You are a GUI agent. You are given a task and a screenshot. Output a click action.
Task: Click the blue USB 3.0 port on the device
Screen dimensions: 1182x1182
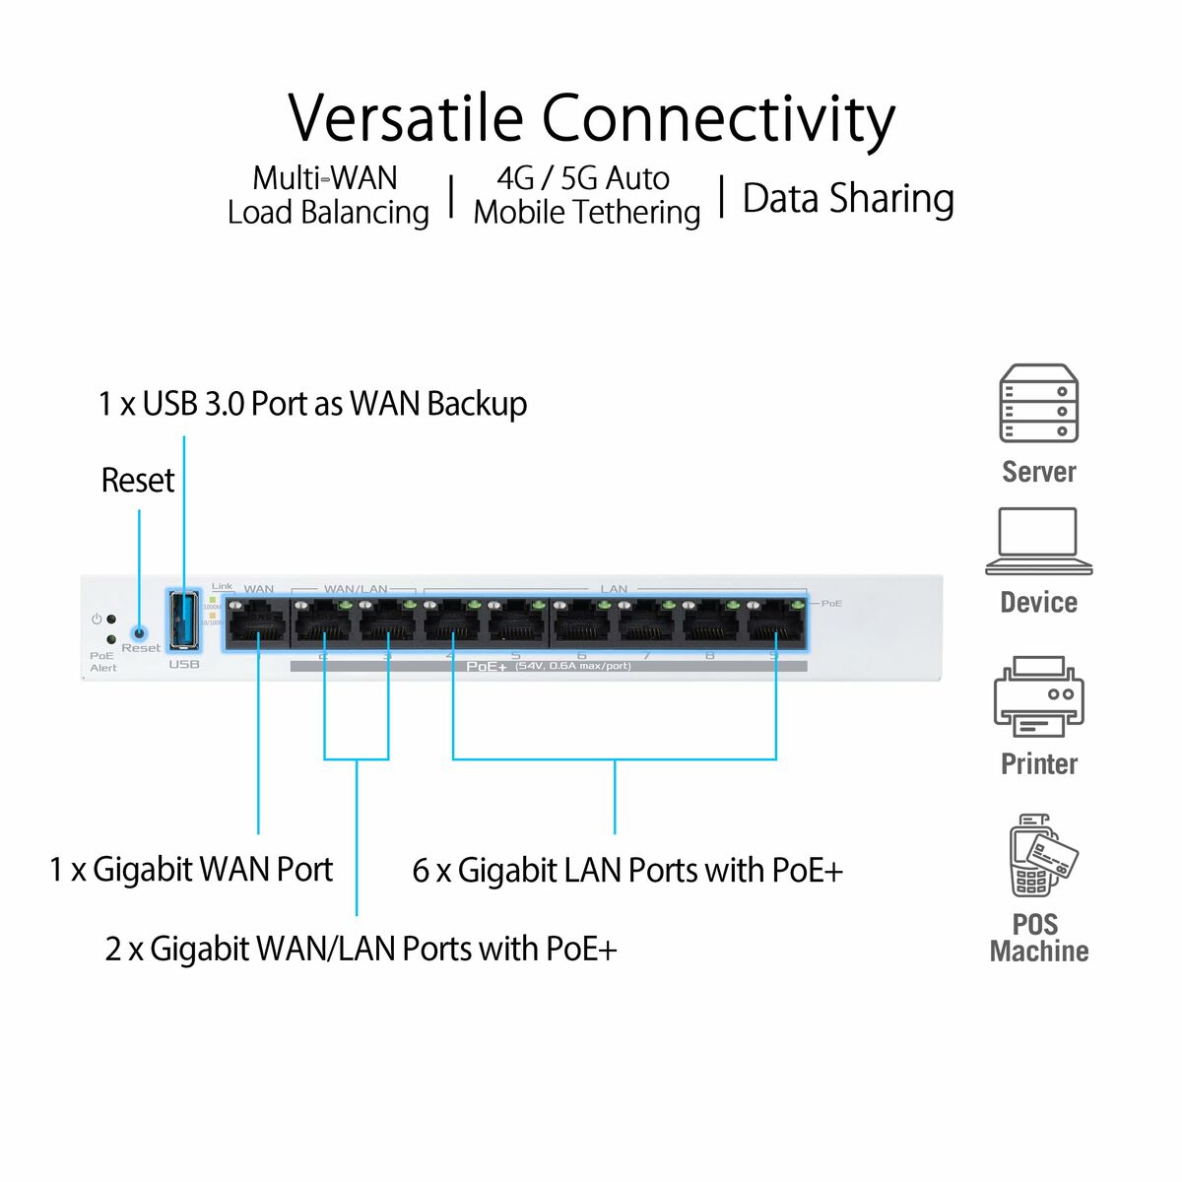point(183,620)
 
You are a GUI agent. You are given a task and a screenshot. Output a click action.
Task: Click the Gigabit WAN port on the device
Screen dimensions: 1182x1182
point(257,624)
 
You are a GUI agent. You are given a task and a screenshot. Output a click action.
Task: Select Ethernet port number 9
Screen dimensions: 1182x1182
point(775,624)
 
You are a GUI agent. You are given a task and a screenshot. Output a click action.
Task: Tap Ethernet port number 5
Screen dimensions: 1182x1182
point(516,624)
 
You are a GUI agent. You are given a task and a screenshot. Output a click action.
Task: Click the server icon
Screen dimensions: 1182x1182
point(1038,404)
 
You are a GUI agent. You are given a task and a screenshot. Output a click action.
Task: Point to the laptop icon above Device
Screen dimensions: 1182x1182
point(1038,541)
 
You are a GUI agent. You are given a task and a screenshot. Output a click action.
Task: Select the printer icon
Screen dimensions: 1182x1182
point(1038,696)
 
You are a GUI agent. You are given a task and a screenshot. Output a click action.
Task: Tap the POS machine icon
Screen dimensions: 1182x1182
point(1040,855)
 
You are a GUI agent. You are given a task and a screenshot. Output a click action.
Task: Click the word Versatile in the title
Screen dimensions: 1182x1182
point(406,118)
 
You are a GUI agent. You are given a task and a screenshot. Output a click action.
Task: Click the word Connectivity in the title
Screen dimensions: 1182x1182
point(718,118)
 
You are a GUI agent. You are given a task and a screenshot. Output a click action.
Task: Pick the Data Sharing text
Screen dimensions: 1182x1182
point(847,198)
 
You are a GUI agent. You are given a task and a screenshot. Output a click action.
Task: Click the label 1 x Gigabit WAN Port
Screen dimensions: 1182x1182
point(191,870)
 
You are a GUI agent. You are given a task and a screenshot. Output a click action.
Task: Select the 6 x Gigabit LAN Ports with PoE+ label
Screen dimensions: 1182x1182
point(627,871)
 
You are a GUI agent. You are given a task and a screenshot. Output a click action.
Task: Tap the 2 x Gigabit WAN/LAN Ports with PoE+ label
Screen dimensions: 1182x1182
point(361,949)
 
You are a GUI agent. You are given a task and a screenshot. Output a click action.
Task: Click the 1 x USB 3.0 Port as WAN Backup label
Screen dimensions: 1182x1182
point(312,404)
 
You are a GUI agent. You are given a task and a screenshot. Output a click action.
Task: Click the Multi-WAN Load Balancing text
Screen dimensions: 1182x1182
point(328,195)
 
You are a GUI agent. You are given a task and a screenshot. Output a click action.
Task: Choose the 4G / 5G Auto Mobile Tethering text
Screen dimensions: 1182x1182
point(586,195)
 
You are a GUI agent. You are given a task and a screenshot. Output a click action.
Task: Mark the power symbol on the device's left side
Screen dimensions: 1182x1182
point(97,620)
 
